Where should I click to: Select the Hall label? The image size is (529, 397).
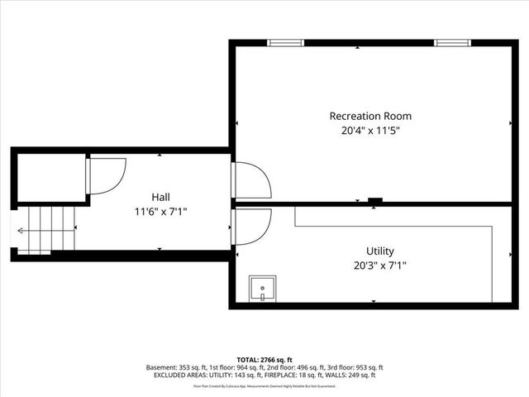[160, 197]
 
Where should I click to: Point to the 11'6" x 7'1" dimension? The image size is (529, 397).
[160, 211]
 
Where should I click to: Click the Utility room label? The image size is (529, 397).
[380, 251]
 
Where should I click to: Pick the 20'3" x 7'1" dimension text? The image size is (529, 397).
[380, 265]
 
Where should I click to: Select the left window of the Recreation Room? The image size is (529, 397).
[285, 42]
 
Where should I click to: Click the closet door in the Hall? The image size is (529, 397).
[104, 175]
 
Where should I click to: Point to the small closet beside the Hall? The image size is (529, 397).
[50, 176]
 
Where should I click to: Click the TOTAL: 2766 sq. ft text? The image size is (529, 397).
[264, 358]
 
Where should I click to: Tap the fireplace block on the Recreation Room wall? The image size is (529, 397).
[374, 200]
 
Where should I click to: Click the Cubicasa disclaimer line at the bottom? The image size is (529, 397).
[264, 386]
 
